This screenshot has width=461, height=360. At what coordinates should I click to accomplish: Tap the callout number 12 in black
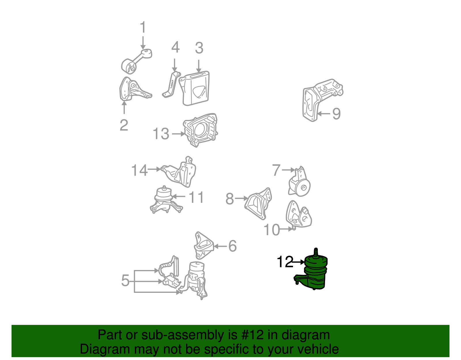pos(285,262)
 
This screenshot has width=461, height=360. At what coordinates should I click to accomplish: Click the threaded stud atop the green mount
pos(316,252)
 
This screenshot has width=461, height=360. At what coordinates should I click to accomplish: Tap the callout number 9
pos(337,114)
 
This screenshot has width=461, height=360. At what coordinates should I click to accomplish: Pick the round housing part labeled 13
pos(200,130)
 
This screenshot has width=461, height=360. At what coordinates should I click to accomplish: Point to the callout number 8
pos(230,199)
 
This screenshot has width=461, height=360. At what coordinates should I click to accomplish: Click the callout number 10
pos(272,230)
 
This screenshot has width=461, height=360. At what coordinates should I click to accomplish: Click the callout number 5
pos(125,280)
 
